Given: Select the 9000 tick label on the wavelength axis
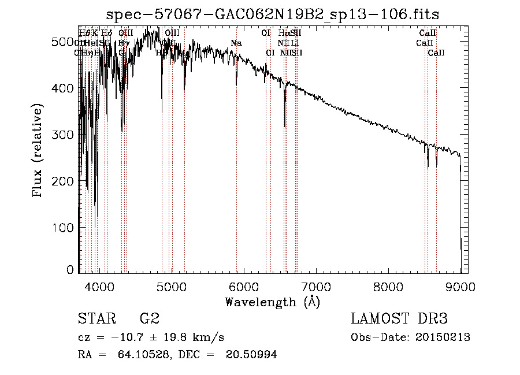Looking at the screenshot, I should [460, 286].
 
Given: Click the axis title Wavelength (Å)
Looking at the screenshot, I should [272, 302].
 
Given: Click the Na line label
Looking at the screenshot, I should [236, 43].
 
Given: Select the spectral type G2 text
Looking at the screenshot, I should [149, 319].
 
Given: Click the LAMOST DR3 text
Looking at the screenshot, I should [399, 319].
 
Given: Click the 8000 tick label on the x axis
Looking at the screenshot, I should [388, 286].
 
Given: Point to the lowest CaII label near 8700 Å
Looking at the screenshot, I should [436, 53].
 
